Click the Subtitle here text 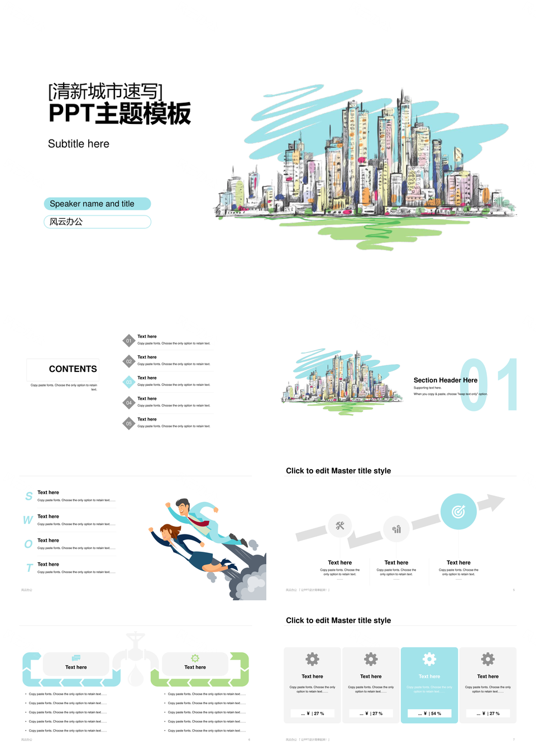[79, 144]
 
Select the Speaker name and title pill [97, 204]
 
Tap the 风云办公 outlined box [97, 222]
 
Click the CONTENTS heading [73, 369]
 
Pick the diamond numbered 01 [129, 341]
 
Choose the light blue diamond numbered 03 [129, 382]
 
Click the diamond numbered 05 [129, 423]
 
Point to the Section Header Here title [445, 380]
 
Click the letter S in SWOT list [29, 496]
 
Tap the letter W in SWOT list [28, 520]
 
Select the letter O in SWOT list [28, 544]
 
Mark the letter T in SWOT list [30, 568]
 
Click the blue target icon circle [458, 511]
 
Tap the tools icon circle [340, 525]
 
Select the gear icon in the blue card [429, 659]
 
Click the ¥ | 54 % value [429, 713]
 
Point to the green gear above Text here [195, 658]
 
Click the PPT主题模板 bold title [119, 113]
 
